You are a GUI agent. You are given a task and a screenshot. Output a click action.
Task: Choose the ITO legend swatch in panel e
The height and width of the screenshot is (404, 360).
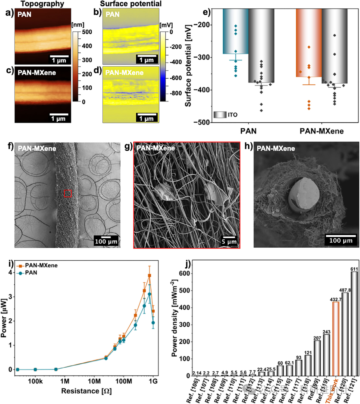pos(220,115)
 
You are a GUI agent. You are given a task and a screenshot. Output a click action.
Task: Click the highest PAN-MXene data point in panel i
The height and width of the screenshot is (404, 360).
pos(150,275)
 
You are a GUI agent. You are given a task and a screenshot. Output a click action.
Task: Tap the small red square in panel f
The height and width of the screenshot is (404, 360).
pos(68,193)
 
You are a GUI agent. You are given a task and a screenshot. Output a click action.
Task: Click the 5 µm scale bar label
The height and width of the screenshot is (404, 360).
pos(229,242)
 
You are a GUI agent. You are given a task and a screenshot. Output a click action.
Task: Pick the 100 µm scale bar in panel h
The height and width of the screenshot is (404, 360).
pos(340,236)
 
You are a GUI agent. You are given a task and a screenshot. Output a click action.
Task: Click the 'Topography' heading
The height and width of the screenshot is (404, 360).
pos(42,4)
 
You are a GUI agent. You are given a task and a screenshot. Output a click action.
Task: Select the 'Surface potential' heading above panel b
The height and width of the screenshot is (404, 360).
pos(131,4)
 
